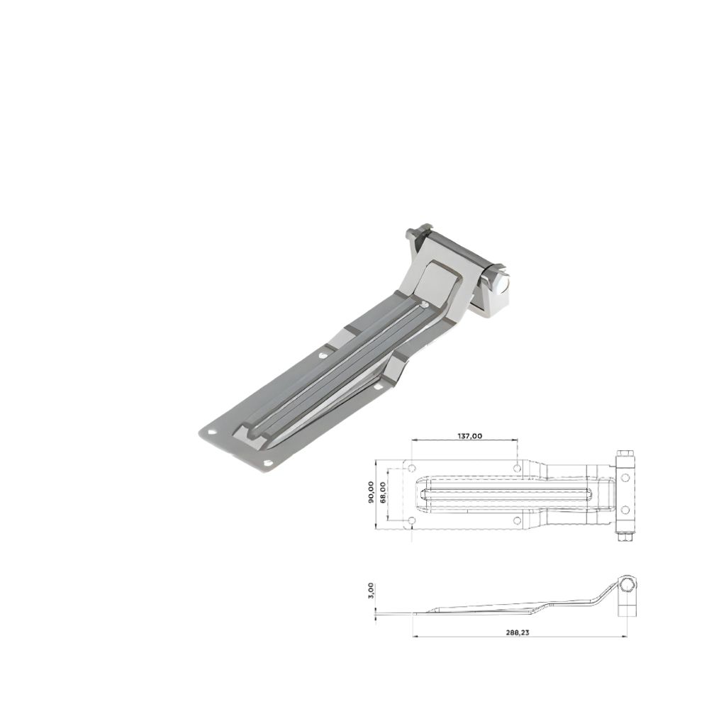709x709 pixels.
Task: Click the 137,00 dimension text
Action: (x=470, y=436)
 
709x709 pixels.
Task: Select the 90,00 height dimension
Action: (x=371, y=492)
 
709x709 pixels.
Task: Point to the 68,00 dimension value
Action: (x=383, y=493)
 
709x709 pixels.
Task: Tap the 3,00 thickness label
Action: (x=371, y=591)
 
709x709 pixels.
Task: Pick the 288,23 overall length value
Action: (x=518, y=632)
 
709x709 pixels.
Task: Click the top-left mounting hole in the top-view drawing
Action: (x=411, y=467)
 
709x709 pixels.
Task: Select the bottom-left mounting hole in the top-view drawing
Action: (x=411, y=521)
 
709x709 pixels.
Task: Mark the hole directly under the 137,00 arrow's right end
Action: (x=518, y=467)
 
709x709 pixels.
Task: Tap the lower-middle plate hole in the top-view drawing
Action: (x=518, y=521)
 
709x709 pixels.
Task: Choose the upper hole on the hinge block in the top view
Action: (x=625, y=477)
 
